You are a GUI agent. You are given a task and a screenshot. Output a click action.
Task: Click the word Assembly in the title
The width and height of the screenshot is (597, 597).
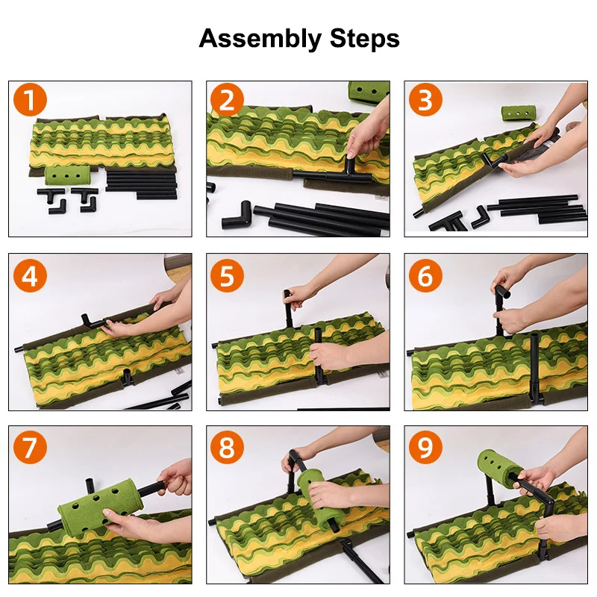click(260, 40)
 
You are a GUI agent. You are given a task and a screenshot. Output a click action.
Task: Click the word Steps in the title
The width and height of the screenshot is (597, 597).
click(365, 38)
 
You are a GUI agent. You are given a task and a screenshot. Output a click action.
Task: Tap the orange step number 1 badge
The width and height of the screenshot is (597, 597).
click(30, 100)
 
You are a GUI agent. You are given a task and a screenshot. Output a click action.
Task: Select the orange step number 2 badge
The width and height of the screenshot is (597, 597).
click(227, 100)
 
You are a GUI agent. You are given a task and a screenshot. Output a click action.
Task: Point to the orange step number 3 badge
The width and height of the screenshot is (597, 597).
click(425, 100)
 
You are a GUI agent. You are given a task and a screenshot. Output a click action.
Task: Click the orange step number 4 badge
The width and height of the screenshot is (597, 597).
click(30, 275)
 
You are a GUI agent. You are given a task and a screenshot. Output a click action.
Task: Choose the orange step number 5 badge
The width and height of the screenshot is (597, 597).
click(227, 275)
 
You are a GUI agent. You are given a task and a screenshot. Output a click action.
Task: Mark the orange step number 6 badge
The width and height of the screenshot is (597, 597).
click(425, 275)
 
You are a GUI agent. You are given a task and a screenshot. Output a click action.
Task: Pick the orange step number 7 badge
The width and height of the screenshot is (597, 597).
click(30, 447)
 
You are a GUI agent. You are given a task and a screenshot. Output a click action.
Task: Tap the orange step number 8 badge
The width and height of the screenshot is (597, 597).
click(227, 447)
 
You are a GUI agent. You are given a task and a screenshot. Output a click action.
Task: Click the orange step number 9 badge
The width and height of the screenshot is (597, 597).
click(425, 447)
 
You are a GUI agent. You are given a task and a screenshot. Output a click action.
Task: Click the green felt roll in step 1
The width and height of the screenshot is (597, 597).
click(67, 175)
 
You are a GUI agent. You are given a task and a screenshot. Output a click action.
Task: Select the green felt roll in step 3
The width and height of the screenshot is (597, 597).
click(518, 113)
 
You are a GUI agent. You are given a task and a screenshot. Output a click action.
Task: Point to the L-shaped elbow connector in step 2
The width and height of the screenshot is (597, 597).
click(237, 216)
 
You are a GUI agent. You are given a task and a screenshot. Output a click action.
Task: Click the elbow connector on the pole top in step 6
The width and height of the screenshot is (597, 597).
click(502, 293)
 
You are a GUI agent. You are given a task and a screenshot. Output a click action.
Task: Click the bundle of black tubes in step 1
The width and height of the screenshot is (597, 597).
click(141, 185)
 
